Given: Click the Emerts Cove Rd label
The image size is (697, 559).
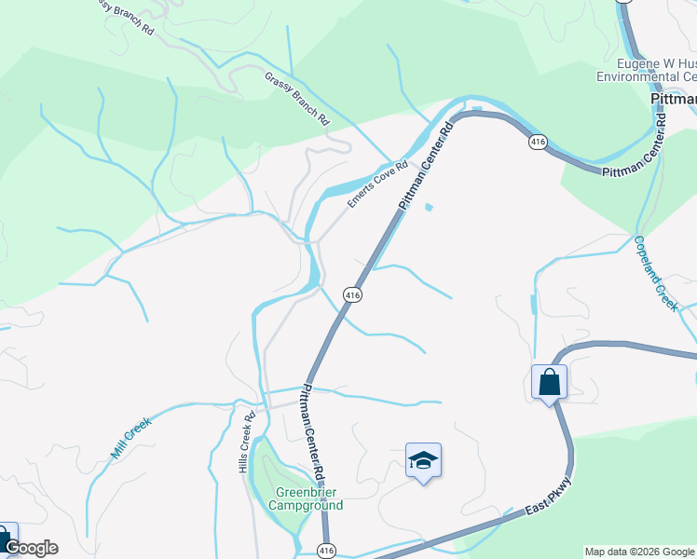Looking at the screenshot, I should [x=377, y=184].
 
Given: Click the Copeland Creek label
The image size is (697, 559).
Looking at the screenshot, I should [x=655, y=273].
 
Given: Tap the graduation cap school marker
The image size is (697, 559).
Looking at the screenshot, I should [x=423, y=460].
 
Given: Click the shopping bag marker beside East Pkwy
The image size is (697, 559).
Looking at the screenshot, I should [x=549, y=382].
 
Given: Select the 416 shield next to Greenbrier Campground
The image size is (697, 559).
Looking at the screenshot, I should [x=325, y=551].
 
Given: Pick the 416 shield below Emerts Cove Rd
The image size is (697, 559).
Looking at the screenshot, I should [x=351, y=294].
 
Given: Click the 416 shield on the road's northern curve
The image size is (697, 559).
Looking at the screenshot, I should [x=536, y=143].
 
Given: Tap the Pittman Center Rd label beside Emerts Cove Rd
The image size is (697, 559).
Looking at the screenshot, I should [x=425, y=166].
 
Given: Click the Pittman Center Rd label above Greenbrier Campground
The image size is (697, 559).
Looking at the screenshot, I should [x=311, y=434].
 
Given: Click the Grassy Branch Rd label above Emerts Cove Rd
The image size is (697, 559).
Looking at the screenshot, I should [x=298, y=99].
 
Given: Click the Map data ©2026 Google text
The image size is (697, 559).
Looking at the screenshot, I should [x=638, y=552].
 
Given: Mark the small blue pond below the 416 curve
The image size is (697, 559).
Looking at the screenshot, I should [x=429, y=207].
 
